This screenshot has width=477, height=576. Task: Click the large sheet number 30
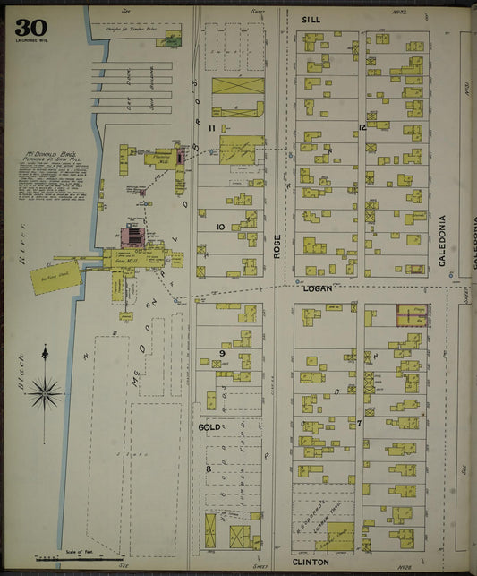(30, 27)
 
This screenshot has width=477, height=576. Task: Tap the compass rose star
(45, 391)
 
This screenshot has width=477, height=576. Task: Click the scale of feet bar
(81, 557)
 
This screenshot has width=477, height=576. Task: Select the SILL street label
(311, 19)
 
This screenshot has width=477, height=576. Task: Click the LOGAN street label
(317, 288)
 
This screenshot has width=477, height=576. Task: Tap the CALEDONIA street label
(442, 241)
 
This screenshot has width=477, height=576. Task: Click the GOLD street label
(209, 427)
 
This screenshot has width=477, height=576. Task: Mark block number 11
(212, 129)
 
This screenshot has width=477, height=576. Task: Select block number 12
(362, 127)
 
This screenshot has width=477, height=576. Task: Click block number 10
(219, 227)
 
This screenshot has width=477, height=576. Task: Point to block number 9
(220, 353)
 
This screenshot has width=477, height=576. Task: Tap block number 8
(209, 468)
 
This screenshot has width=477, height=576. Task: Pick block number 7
(359, 422)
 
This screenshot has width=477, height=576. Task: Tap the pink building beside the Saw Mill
(132, 237)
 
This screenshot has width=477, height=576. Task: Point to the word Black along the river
(17, 368)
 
